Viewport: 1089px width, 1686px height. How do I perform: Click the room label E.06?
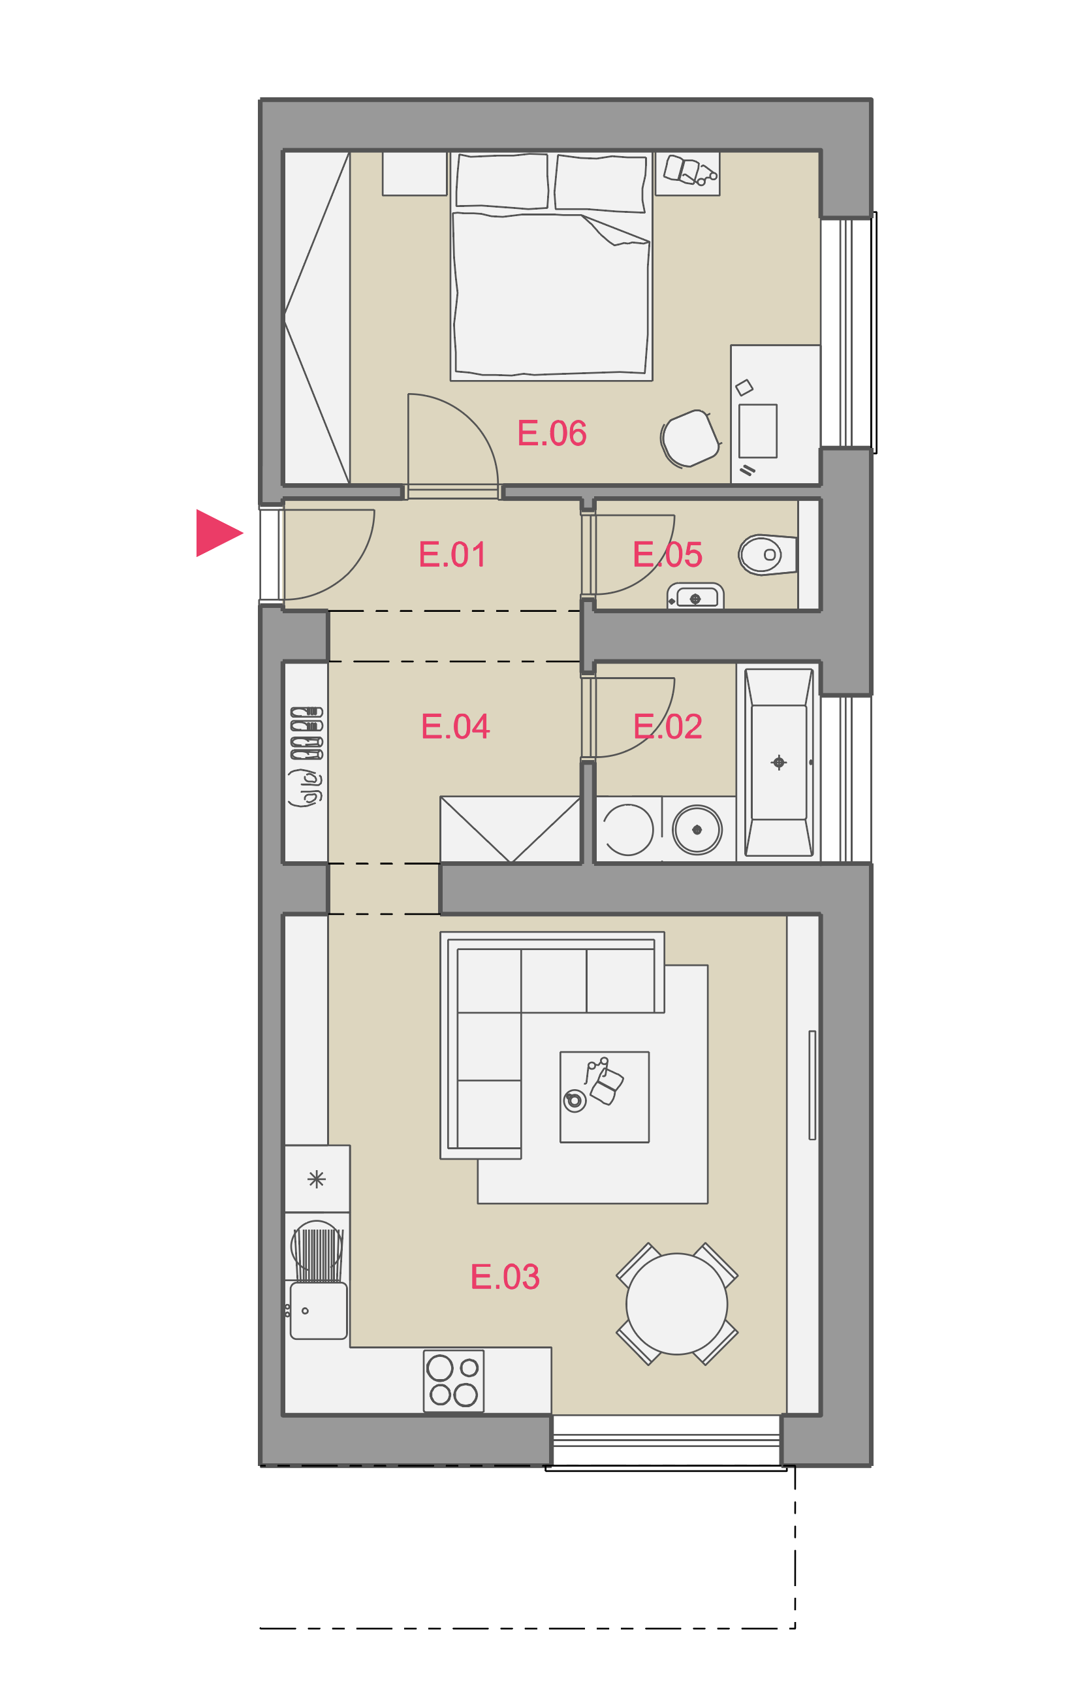click(552, 434)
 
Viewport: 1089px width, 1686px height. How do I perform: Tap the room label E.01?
click(452, 554)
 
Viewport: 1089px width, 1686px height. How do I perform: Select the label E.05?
click(667, 554)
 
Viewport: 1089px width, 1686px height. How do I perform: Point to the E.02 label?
click(667, 726)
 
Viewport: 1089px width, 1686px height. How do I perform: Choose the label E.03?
click(505, 1277)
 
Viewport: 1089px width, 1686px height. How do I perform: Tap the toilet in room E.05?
click(767, 554)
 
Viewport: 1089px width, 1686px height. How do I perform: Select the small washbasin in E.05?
click(696, 596)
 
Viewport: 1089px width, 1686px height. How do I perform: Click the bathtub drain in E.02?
click(779, 763)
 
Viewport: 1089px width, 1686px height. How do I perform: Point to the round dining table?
click(677, 1304)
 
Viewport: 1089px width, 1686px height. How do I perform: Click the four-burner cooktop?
click(453, 1381)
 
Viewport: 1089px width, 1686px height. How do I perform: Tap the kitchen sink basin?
click(318, 1311)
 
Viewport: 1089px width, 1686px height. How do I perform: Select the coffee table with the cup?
click(605, 1097)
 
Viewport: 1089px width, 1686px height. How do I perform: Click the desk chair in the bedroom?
click(690, 438)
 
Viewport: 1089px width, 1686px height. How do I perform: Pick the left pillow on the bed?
click(502, 182)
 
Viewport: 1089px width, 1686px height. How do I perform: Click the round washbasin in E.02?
click(697, 829)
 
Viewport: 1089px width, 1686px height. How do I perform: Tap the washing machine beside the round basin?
click(629, 829)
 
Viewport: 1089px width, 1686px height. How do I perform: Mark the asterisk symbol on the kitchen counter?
click(316, 1179)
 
